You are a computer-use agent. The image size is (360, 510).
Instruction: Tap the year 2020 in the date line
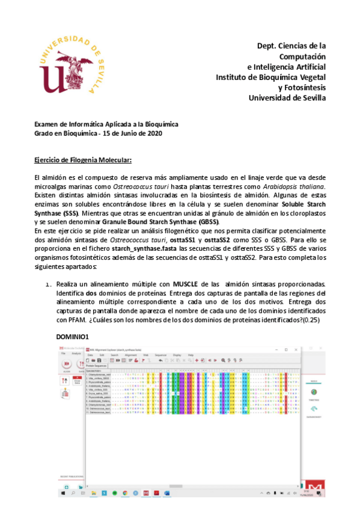point(154,132)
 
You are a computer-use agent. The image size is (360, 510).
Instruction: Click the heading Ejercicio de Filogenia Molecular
point(82,161)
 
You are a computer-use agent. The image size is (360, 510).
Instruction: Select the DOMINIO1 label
point(72,337)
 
